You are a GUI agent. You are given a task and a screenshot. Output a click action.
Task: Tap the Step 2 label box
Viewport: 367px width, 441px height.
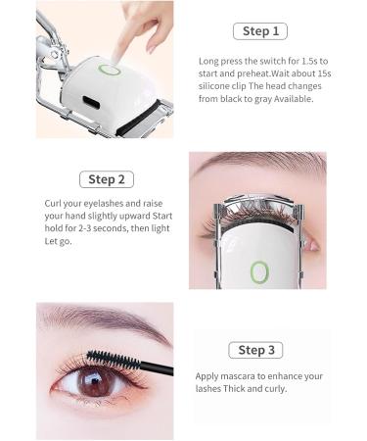coord(106,179)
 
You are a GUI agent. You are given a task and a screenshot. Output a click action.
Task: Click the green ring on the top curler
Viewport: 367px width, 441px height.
coord(112,70)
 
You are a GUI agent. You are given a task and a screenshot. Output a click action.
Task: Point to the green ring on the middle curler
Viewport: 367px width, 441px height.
coord(259,271)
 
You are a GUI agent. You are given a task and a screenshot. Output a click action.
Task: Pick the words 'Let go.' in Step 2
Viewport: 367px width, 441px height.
coord(57,241)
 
